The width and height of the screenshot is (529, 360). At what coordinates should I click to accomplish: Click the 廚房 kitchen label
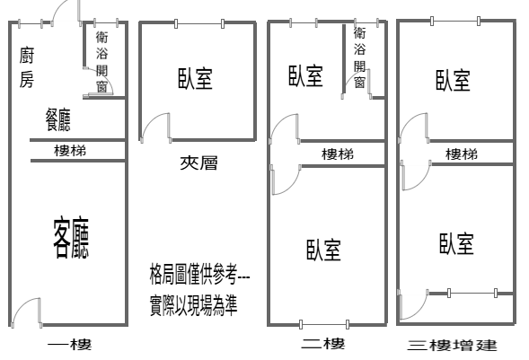click(x=26, y=67)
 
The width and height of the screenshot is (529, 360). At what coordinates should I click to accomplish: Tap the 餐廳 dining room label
click(x=58, y=119)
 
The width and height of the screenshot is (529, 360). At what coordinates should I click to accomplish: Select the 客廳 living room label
click(x=71, y=238)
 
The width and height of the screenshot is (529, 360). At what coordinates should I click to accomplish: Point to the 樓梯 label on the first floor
click(x=70, y=151)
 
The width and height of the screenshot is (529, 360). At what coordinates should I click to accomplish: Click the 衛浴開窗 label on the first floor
click(x=101, y=62)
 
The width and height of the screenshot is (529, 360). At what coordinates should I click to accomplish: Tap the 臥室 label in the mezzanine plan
click(x=195, y=78)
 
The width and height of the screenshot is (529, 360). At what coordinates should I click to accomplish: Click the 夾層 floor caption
click(x=198, y=163)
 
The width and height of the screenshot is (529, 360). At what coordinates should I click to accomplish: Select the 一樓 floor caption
click(x=69, y=345)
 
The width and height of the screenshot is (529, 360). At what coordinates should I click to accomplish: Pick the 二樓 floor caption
click(x=322, y=344)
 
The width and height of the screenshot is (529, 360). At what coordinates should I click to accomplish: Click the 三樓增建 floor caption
click(x=452, y=346)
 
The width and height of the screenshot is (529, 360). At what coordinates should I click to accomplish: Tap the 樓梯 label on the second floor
click(x=338, y=154)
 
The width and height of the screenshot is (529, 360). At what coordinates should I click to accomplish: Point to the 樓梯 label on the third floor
click(x=462, y=154)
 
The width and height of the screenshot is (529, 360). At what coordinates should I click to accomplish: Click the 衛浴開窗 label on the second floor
click(x=359, y=57)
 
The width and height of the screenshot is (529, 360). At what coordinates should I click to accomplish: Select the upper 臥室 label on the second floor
click(x=305, y=75)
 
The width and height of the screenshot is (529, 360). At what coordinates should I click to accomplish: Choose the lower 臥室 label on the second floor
click(x=323, y=250)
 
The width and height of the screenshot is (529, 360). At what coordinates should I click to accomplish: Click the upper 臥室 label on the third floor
click(x=453, y=80)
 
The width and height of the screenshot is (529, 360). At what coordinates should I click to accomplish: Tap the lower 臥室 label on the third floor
click(x=456, y=243)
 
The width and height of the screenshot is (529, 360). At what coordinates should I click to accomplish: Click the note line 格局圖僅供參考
click(x=199, y=275)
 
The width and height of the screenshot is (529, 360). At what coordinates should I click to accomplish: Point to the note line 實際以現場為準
click(x=194, y=305)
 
